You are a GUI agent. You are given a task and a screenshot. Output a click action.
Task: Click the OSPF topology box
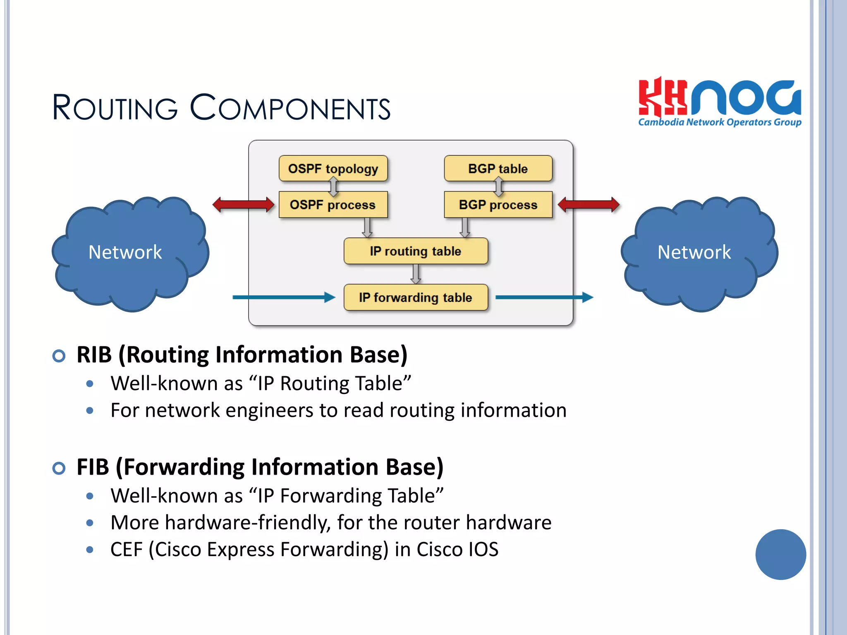tap(333, 169)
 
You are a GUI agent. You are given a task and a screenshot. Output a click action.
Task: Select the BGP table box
tap(498, 169)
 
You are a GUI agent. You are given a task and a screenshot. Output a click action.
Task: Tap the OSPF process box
tap(333, 205)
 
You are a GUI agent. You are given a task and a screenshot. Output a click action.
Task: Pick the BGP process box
tap(498, 205)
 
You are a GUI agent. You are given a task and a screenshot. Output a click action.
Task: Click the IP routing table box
tap(416, 251)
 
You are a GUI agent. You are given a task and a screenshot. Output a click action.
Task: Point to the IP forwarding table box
tap(416, 297)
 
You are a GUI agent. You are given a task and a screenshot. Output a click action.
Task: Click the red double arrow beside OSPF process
tap(243, 204)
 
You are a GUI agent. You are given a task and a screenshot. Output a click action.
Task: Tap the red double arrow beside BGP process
tap(589, 204)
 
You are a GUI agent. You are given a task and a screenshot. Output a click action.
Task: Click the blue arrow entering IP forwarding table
tap(284, 297)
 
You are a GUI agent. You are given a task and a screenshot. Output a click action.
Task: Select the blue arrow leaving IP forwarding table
tap(544, 297)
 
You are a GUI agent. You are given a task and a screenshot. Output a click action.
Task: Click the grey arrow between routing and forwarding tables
tap(416, 274)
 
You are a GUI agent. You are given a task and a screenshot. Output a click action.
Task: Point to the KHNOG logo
tap(720, 102)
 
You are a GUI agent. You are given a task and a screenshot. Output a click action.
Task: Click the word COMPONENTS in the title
tap(290, 108)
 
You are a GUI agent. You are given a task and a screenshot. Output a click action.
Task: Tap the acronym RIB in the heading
tap(94, 355)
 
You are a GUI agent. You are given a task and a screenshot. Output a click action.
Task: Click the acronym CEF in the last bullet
tap(126, 549)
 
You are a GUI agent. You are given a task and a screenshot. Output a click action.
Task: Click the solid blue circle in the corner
tap(780, 554)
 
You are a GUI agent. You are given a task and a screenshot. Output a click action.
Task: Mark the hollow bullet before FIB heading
tap(59, 468)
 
